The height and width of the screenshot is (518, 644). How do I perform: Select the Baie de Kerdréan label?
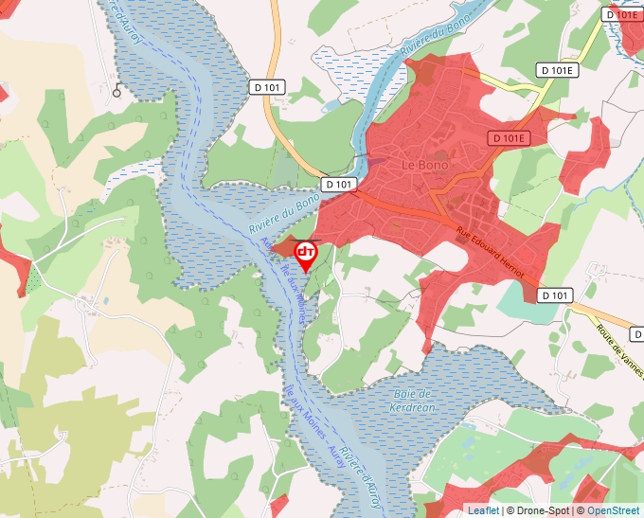[x=411, y=400]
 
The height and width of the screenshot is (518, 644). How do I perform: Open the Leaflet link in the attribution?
[x=483, y=510]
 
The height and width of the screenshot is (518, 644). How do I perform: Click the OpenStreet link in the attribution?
[x=614, y=510]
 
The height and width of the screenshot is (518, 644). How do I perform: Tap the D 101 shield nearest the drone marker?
[x=338, y=183]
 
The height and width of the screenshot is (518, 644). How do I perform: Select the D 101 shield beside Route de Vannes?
[x=557, y=295]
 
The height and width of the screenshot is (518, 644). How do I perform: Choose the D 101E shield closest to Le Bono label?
[x=508, y=138]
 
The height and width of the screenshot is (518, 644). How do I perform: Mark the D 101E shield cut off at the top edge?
[x=621, y=14]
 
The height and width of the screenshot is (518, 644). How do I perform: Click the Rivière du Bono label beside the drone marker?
[x=283, y=214]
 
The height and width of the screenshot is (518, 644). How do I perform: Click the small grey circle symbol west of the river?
[x=116, y=92]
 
